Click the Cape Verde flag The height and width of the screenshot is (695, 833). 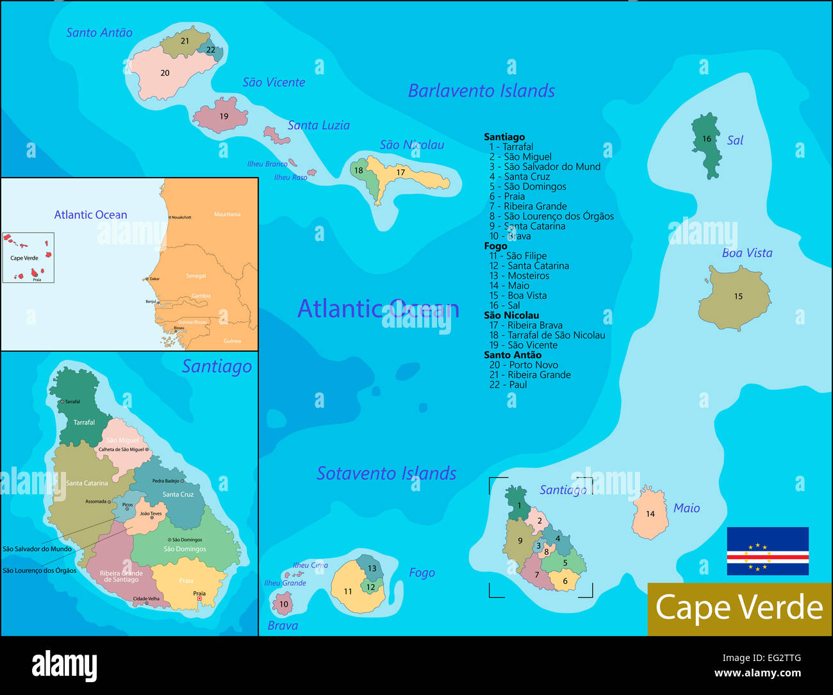(x=767, y=551)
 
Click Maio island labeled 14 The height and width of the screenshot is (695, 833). (x=650, y=513)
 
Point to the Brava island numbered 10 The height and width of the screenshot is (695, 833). (x=283, y=604)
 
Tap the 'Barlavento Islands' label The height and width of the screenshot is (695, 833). (x=481, y=91)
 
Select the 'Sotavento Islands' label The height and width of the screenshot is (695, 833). (x=386, y=474)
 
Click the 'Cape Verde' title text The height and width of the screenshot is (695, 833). (x=739, y=607)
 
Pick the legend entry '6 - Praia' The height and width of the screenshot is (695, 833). (x=507, y=196)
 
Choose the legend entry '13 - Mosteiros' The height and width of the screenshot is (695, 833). (x=519, y=276)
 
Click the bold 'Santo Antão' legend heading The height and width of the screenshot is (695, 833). (x=513, y=355)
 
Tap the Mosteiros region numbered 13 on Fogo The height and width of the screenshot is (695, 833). (x=371, y=567)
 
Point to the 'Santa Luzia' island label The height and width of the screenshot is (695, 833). (x=318, y=125)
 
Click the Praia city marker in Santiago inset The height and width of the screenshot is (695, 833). (x=199, y=599)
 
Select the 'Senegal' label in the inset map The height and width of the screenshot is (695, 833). (x=196, y=276)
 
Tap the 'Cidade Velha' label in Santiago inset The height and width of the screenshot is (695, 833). (x=146, y=599)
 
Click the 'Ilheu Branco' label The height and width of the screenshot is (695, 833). (x=267, y=164)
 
